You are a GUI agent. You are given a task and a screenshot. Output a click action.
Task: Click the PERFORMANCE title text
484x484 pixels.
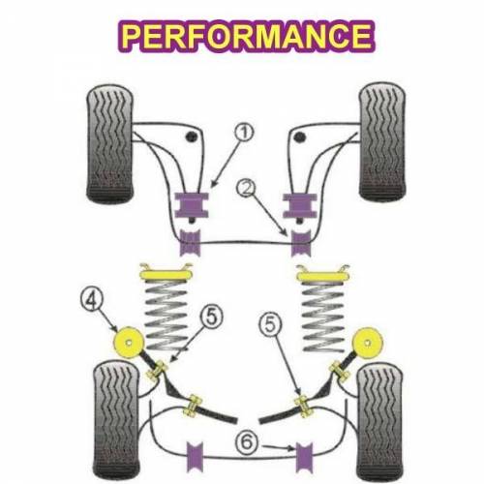coord(247,36)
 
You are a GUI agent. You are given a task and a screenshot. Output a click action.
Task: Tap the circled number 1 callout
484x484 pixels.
coord(244,133)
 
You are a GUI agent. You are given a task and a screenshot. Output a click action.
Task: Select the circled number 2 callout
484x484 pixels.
coord(246,188)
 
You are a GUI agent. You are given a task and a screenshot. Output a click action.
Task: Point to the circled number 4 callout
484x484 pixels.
coord(91,300)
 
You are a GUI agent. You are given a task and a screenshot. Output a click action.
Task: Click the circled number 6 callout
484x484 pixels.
coord(247,442)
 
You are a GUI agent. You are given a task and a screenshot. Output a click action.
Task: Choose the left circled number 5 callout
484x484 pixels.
coord(211,317)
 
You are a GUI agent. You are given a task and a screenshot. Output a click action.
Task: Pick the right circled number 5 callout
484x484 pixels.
coord(271,324)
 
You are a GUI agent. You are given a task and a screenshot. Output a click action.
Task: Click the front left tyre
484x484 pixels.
coord(110,144)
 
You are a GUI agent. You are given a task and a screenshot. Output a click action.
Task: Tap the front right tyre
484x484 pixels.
coord(382,141)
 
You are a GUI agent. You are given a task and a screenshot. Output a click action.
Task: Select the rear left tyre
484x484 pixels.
coord(117,420)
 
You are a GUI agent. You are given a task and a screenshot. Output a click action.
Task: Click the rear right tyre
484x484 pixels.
coord(379,422)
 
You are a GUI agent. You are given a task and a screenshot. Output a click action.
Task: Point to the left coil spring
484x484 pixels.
coord(166,316)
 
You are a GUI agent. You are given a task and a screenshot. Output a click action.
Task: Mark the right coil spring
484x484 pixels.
coord(323,317)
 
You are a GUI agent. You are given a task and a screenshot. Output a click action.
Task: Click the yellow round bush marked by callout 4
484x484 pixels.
coord(129,343)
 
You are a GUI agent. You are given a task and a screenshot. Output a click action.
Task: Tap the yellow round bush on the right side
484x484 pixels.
coord(368,343)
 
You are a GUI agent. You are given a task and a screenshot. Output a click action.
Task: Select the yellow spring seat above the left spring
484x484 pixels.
coord(166,273)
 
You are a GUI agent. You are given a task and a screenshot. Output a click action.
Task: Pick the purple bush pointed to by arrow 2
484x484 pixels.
coord(301,243)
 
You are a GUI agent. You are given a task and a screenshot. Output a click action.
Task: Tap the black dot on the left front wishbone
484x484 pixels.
coord(191,136)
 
